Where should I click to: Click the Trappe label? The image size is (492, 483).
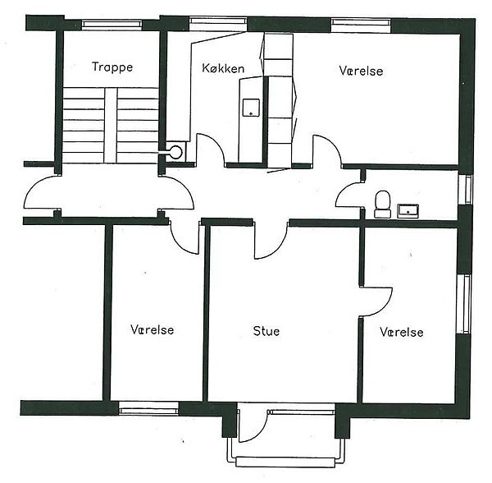(x=112, y=67)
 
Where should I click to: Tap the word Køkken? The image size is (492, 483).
(x=223, y=68)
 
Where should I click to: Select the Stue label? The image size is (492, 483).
(x=266, y=331)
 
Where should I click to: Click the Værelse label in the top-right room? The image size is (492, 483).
(x=361, y=71)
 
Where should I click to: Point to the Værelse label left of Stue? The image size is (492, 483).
(x=153, y=329)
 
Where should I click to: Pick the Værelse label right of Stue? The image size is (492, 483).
(x=402, y=332)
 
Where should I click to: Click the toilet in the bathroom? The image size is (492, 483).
(x=383, y=204)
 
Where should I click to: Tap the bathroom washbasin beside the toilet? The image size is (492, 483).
(x=408, y=211)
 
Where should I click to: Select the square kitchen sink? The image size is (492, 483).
(x=251, y=108)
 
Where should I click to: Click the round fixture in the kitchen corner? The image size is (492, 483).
(x=175, y=153)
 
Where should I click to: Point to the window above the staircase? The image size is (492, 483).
(x=112, y=25)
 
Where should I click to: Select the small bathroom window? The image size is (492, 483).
(x=465, y=190)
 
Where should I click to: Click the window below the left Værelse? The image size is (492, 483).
(x=148, y=409)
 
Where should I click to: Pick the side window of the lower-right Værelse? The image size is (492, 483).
(x=463, y=304)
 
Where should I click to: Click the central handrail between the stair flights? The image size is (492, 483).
(x=111, y=125)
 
